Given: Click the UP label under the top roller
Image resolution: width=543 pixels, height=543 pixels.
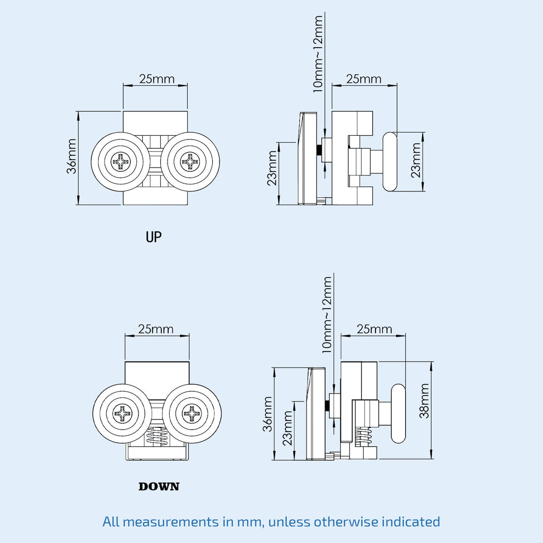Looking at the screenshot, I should (x=153, y=237).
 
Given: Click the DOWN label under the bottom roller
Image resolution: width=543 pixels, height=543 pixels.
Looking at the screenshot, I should (x=159, y=486).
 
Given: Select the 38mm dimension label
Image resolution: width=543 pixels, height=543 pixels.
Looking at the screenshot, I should (x=424, y=408).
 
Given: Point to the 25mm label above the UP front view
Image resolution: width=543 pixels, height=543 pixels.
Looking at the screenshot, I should (x=156, y=79).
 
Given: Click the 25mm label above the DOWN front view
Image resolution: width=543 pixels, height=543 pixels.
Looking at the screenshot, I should (x=156, y=329).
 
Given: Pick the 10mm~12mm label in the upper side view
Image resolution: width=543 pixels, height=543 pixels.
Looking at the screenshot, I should (x=318, y=53).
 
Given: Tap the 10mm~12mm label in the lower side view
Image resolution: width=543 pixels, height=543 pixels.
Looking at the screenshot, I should (x=327, y=314).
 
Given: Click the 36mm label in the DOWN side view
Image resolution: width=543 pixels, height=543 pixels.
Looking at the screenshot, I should (x=268, y=414).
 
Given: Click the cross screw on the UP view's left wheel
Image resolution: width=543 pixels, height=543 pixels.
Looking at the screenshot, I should (x=120, y=162).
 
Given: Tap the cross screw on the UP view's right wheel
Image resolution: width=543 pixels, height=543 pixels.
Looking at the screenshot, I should (x=190, y=162).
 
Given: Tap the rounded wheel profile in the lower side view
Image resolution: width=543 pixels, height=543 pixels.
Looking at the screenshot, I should (x=398, y=414).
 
